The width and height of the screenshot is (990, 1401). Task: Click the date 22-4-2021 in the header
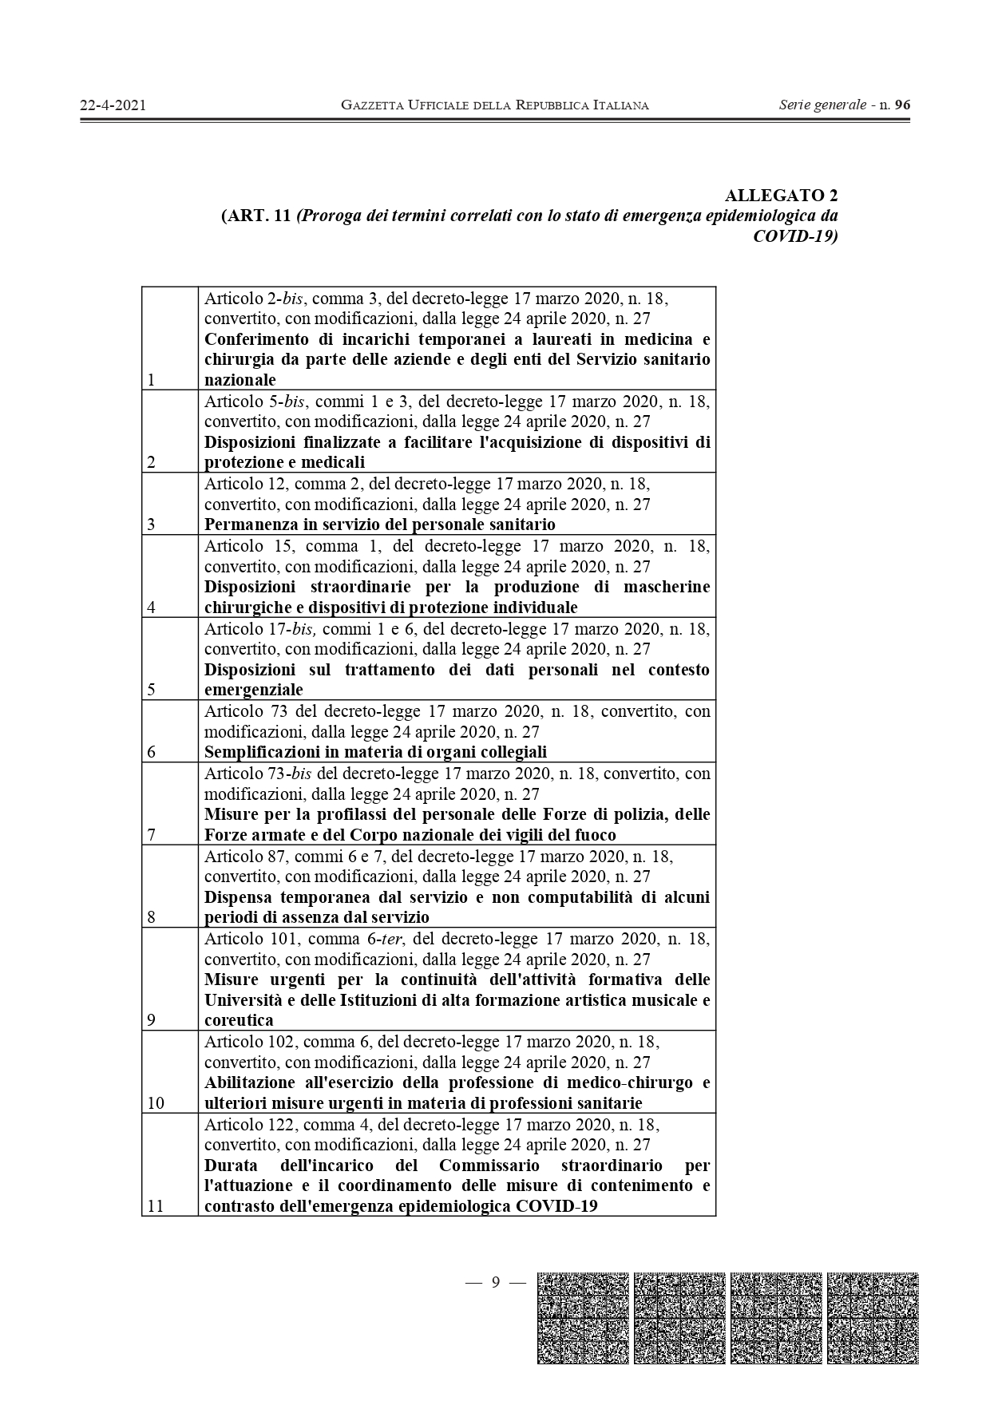[113, 105]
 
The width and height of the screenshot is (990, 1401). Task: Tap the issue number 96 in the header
[902, 105]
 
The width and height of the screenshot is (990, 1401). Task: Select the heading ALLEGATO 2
[781, 196]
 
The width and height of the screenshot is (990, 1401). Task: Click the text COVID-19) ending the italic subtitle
[795, 236]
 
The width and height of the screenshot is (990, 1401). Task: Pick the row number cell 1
[151, 379]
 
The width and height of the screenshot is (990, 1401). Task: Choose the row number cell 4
[151, 607]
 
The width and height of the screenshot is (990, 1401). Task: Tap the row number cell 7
[151, 834]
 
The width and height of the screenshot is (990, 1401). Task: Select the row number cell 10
[156, 1103]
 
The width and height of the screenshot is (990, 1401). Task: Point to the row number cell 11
[156, 1205]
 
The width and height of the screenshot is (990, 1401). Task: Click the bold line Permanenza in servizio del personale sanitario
[379, 524]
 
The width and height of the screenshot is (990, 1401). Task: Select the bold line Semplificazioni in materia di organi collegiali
[375, 752]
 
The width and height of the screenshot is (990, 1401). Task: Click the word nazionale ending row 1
[240, 380]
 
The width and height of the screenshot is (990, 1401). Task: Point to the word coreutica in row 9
[239, 1020]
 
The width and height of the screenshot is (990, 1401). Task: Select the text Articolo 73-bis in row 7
[259, 774]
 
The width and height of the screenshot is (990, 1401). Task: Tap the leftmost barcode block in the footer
[583, 1318]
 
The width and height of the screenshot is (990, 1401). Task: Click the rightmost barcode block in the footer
[873, 1318]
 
